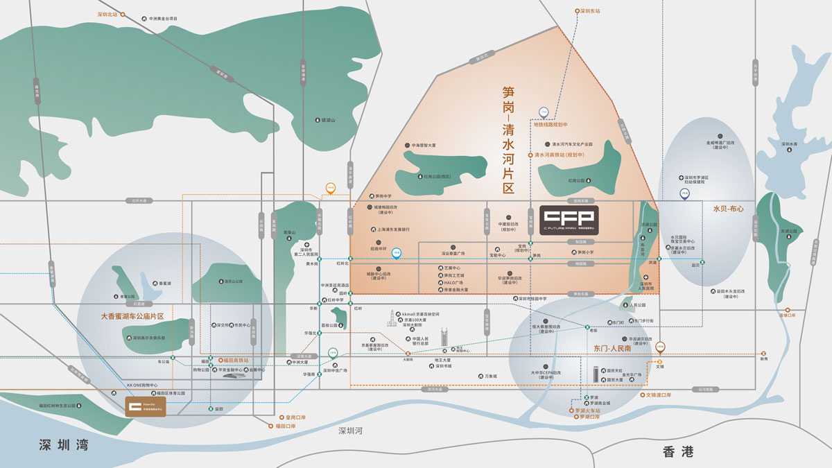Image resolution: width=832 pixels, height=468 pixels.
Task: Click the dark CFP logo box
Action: (x=568, y=219)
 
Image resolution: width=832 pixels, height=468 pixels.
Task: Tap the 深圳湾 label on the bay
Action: (x=64, y=445)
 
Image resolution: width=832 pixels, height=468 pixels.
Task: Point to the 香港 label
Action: (x=677, y=452)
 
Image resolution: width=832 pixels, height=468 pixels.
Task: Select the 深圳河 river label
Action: (x=350, y=431)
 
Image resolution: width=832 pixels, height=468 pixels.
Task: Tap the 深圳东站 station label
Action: (x=587, y=11)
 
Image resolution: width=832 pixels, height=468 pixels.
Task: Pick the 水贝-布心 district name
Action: (x=727, y=208)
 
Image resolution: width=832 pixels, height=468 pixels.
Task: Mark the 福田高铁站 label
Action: (x=234, y=361)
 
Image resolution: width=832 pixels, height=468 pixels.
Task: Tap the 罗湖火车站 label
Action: (x=587, y=410)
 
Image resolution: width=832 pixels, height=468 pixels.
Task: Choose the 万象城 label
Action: (x=489, y=376)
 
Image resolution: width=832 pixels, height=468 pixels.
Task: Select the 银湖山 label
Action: (x=327, y=120)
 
